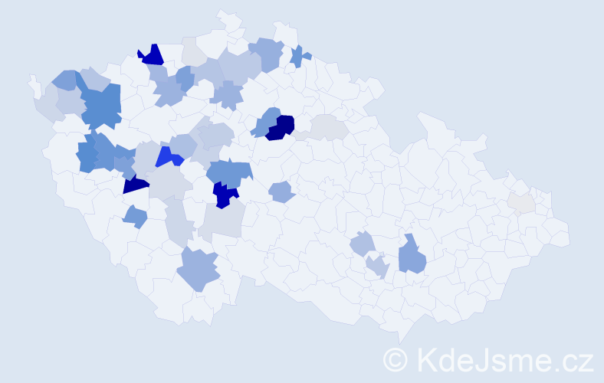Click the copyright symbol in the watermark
(x=396, y=360)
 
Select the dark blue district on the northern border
(x=151, y=55)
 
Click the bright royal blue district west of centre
(x=169, y=157)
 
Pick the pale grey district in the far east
(x=521, y=202)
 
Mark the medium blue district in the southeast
(x=412, y=256)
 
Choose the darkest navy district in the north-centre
(x=281, y=127)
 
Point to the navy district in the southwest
(x=135, y=183)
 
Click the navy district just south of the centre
(x=225, y=195)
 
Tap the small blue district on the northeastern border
(x=299, y=56)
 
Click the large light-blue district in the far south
(x=199, y=269)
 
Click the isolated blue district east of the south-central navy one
(x=281, y=191)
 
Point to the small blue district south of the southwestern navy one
(x=136, y=217)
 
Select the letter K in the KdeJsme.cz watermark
(x=425, y=360)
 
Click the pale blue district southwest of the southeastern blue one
(x=376, y=267)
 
